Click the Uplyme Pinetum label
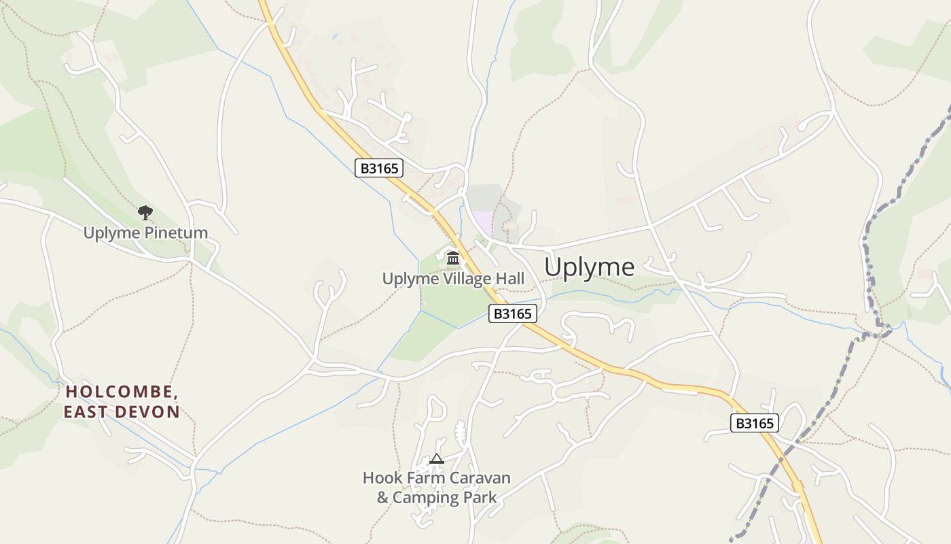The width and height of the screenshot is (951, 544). (x=145, y=233)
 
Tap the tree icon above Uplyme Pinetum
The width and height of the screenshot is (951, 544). (x=145, y=213)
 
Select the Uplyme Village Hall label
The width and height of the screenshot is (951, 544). (x=453, y=279)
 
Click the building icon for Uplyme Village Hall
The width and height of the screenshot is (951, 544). (x=453, y=258)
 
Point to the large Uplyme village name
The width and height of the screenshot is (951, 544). (x=589, y=267)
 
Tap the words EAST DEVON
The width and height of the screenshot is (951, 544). (x=122, y=412)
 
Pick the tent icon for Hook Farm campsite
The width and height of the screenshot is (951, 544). (x=436, y=459)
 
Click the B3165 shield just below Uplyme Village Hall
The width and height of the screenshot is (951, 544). (x=512, y=313)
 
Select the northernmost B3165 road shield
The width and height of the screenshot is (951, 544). (x=379, y=168)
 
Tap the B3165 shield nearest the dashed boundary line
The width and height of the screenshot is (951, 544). (x=754, y=423)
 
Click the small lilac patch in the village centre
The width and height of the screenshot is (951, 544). (x=483, y=222)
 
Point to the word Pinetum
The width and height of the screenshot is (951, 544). (x=176, y=233)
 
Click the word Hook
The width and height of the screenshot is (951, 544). (x=383, y=478)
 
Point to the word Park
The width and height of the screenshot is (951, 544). (x=480, y=498)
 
